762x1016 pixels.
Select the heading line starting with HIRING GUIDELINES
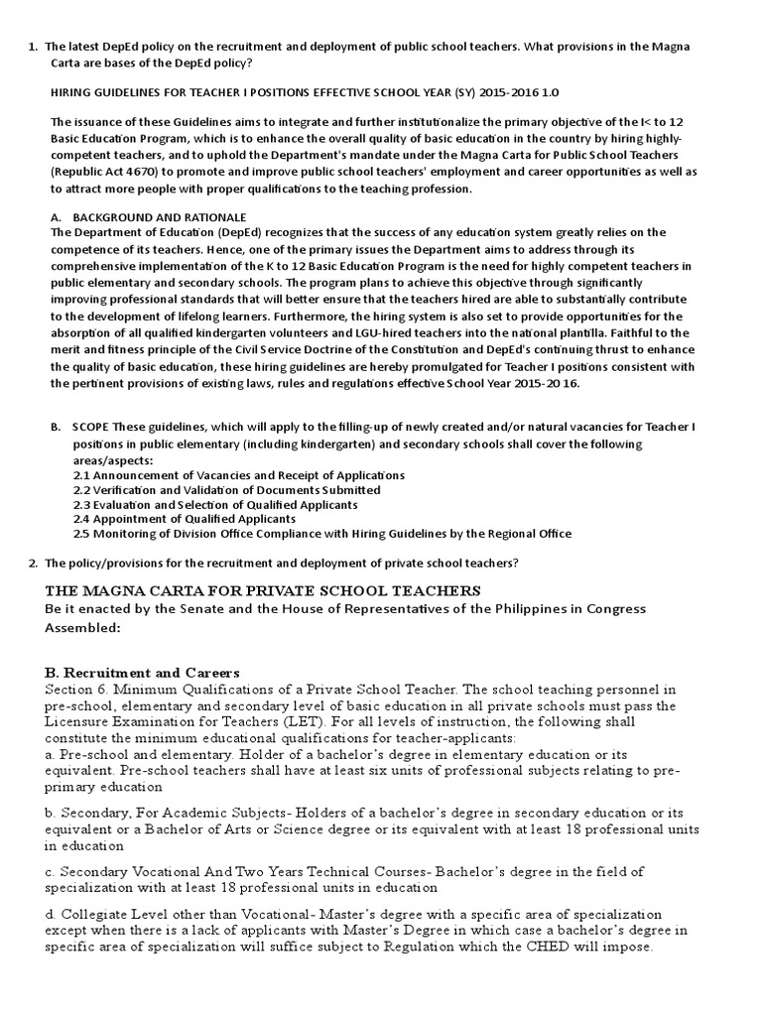[x=304, y=91]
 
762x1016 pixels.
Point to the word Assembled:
[x=83, y=627]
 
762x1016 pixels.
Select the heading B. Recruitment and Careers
[x=142, y=673]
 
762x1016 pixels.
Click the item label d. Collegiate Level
[x=103, y=913]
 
